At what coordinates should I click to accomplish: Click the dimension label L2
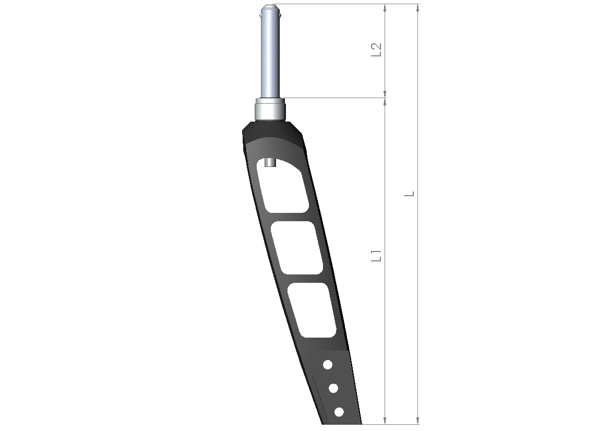pos(376,50)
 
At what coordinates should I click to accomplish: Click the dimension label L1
pos(376,256)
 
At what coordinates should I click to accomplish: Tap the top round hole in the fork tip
pos(328,365)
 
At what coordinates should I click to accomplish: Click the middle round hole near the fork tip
pos(333,388)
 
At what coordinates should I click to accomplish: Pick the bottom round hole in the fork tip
pos(339,412)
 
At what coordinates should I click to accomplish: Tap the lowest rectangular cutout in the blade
pos(312,310)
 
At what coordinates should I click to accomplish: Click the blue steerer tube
pos(270,53)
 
